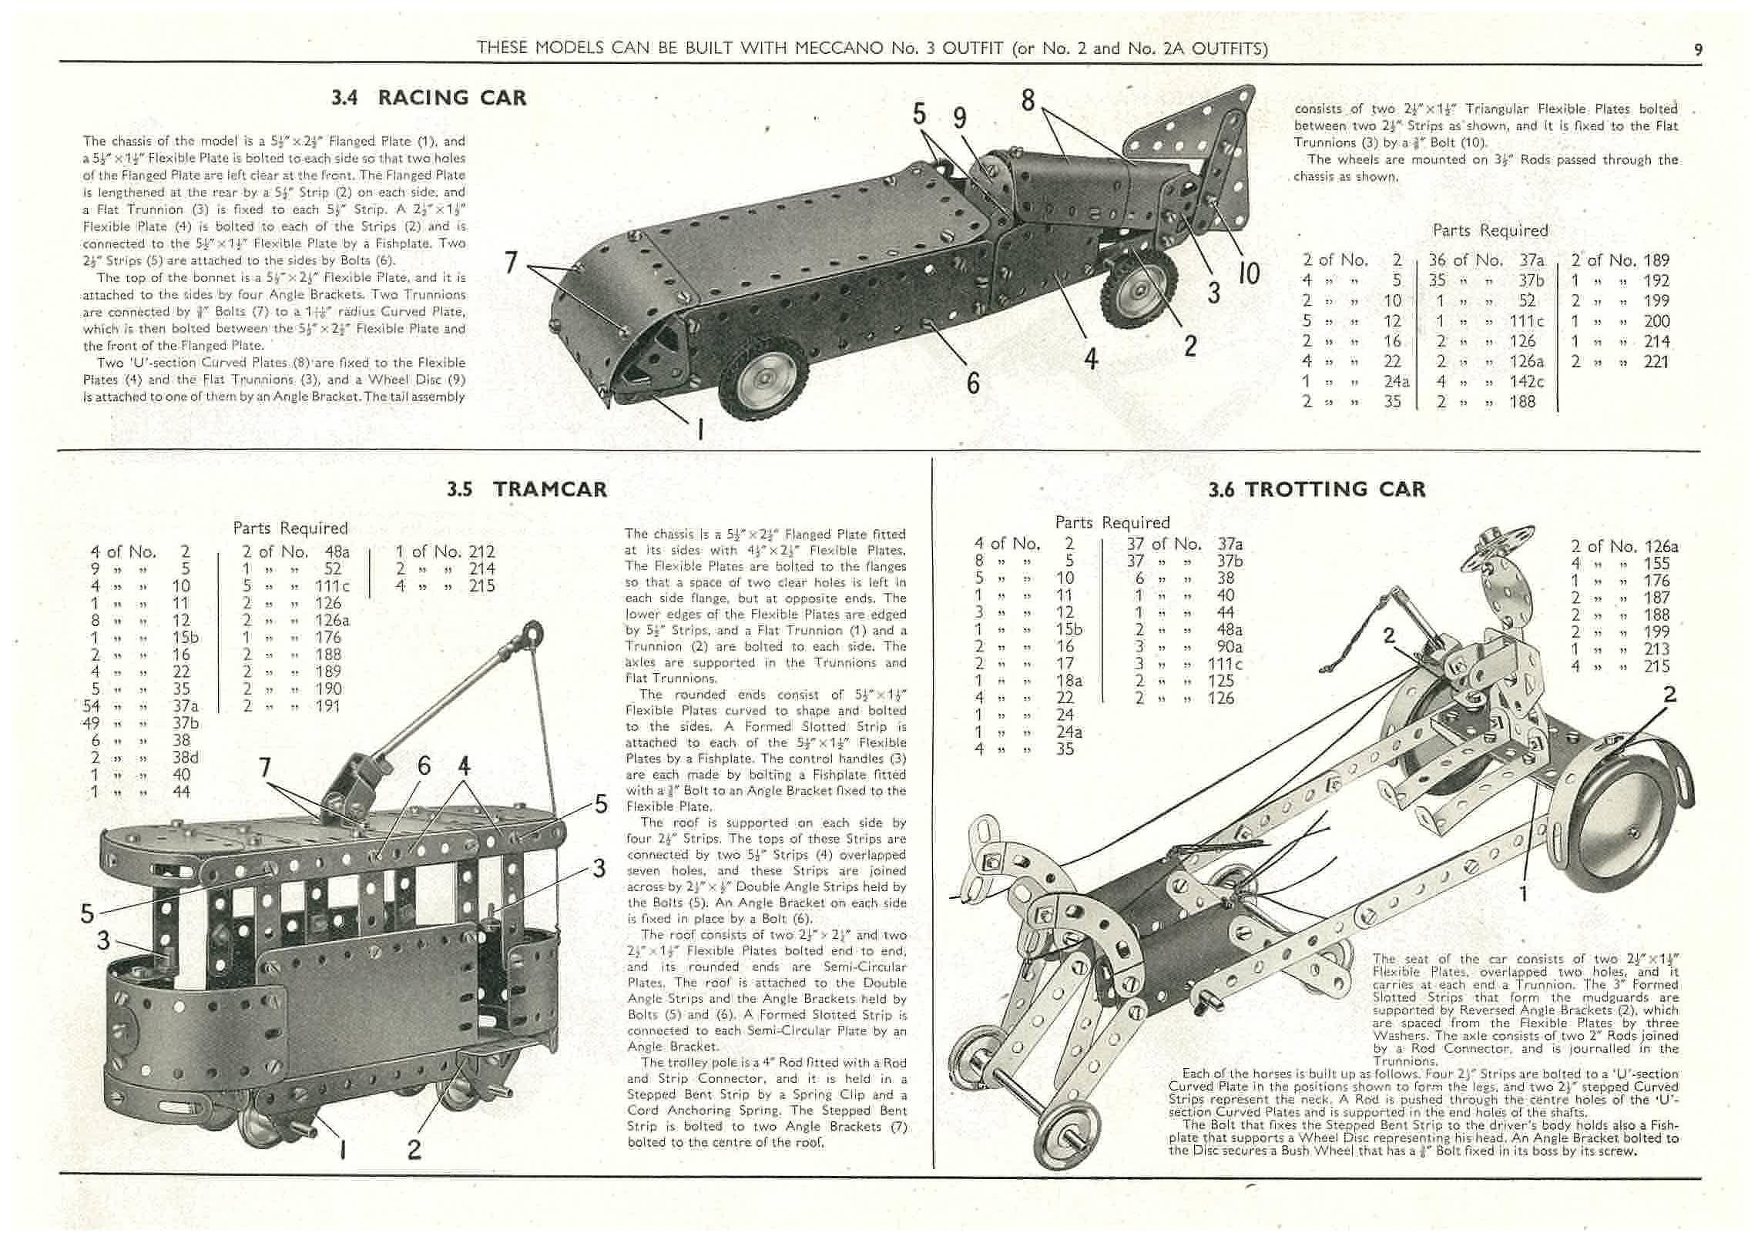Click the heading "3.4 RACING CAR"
pyautogui.click(x=428, y=98)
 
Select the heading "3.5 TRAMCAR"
pyautogui.click(x=527, y=489)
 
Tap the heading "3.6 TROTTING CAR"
pyautogui.click(x=1317, y=489)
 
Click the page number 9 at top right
pyautogui.click(x=1698, y=49)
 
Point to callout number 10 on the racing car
pyautogui.click(x=1248, y=273)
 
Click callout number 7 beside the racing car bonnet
pyautogui.click(x=511, y=263)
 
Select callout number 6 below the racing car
pyautogui.click(x=974, y=382)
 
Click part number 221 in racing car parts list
pyautogui.click(x=1656, y=361)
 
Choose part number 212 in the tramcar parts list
pyautogui.click(x=481, y=551)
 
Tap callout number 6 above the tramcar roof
pyautogui.click(x=424, y=766)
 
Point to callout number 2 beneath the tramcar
pyautogui.click(x=414, y=1149)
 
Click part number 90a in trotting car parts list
pyautogui.click(x=1230, y=647)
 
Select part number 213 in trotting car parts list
pyautogui.click(x=1656, y=648)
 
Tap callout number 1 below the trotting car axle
pyautogui.click(x=1523, y=893)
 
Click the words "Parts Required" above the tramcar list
pyautogui.click(x=290, y=528)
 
